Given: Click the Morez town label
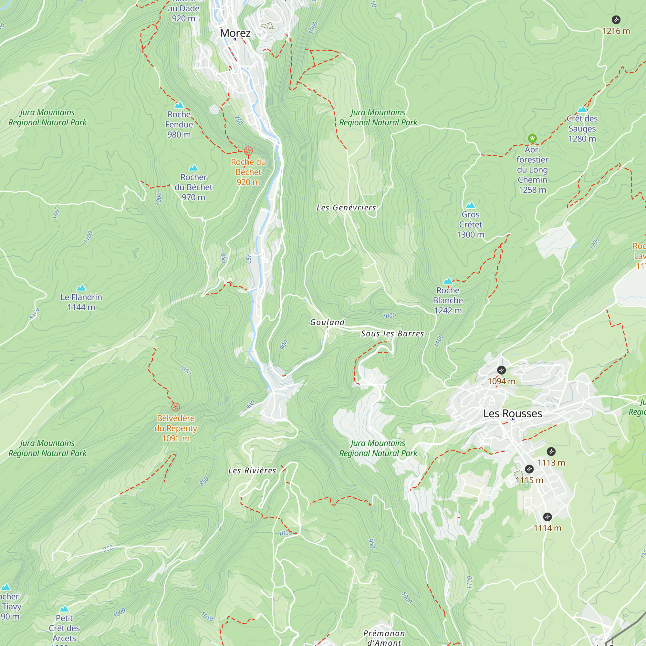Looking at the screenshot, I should click(235, 33).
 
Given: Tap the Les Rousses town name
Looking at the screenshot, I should click(512, 413).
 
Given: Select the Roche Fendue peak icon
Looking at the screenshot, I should click(179, 105).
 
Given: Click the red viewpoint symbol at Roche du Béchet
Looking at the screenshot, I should click(248, 151).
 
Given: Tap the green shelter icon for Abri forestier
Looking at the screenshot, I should click(532, 138).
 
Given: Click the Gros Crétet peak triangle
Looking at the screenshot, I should click(471, 205).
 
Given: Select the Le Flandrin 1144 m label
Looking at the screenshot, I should click(81, 302).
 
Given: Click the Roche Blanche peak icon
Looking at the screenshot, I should click(448, 281).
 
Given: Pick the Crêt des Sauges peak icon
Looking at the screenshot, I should click(582, 109).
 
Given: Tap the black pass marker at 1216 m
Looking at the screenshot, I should click(616, 20).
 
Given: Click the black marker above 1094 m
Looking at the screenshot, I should click(501, 370).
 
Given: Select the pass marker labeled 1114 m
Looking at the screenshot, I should click(547, 517).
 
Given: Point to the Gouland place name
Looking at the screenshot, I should click(327, 322).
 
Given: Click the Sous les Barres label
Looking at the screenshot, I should click(392, 333).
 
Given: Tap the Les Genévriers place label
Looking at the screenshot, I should click(346, 208).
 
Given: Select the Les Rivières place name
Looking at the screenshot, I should click(252, 471).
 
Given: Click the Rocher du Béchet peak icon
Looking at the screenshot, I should click(193, 168).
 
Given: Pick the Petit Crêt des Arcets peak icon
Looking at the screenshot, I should click(64, 609).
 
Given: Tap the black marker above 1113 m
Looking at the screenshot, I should click(551, 452).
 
